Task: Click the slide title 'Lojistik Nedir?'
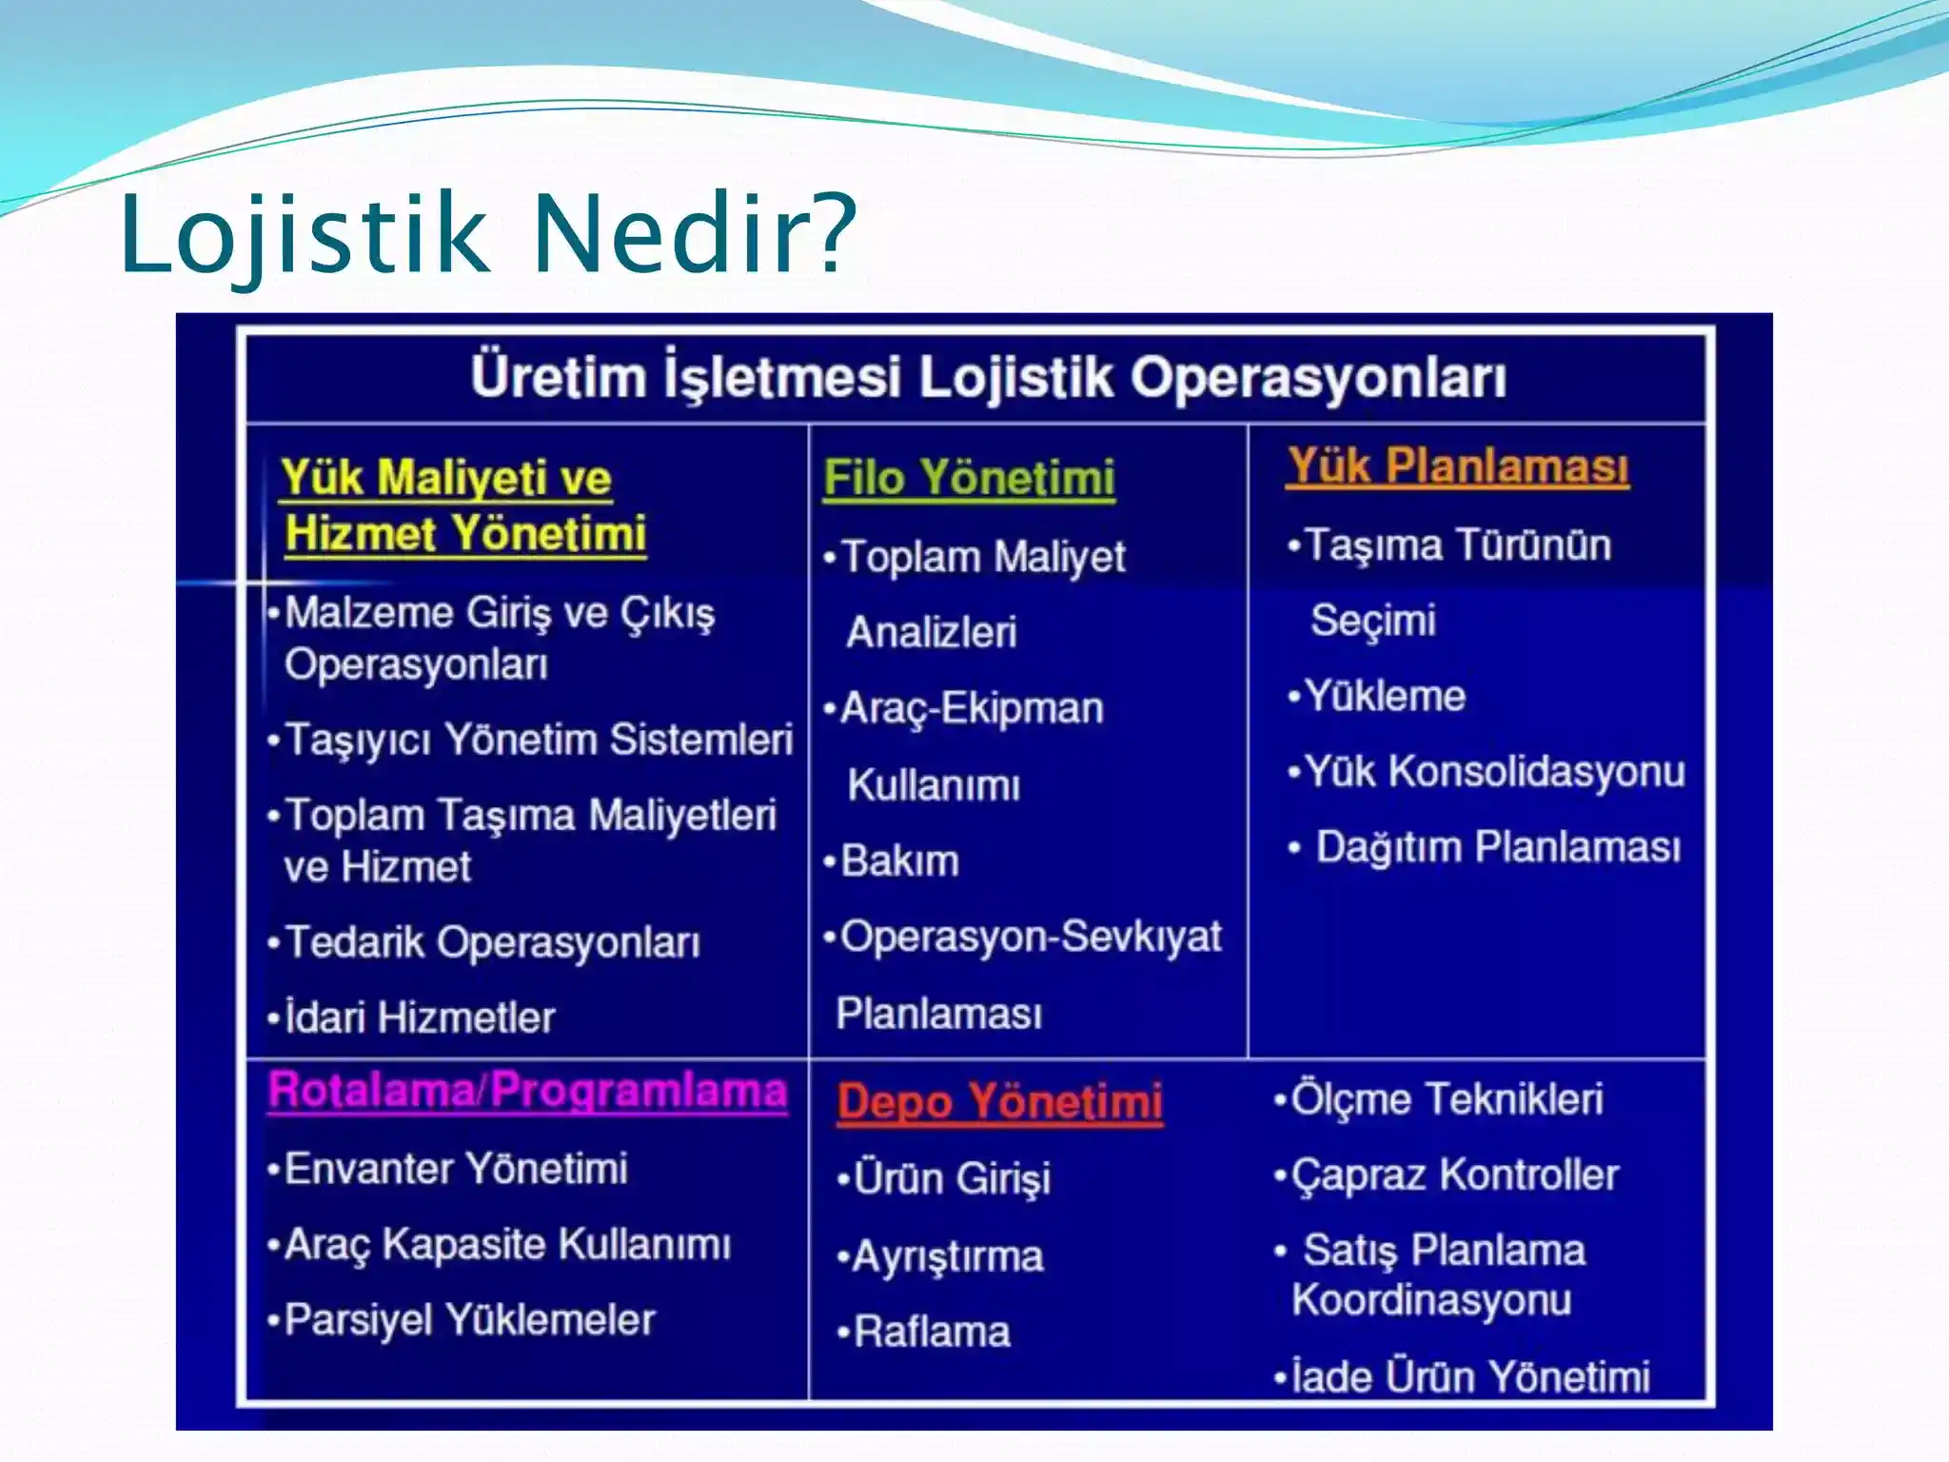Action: point(487,234)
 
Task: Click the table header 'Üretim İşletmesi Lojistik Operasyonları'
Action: point(988,378)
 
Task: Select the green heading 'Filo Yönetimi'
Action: point(969,478)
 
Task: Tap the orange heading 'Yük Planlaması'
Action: point(1457,467)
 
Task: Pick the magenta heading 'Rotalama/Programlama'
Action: point(527,1091)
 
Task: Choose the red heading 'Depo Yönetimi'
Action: point(999,1102)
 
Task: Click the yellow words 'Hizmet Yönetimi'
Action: point(465,533)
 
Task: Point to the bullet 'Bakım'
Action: point(899,861)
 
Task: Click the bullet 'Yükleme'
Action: point(1384,696)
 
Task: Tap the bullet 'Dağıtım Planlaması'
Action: point(1497,847)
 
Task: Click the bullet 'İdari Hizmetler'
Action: point(419,1017)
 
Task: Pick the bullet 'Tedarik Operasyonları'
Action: point(492,942)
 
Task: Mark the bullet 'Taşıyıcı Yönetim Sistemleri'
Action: point(538,740)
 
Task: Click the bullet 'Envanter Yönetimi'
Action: point(455,1169)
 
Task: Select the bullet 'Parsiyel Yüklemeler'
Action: point(469,1320)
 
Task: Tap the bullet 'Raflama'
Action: point(931,1332)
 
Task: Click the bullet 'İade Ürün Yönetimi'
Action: point(1469,1376)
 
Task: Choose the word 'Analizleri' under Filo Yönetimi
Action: point(932,633)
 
